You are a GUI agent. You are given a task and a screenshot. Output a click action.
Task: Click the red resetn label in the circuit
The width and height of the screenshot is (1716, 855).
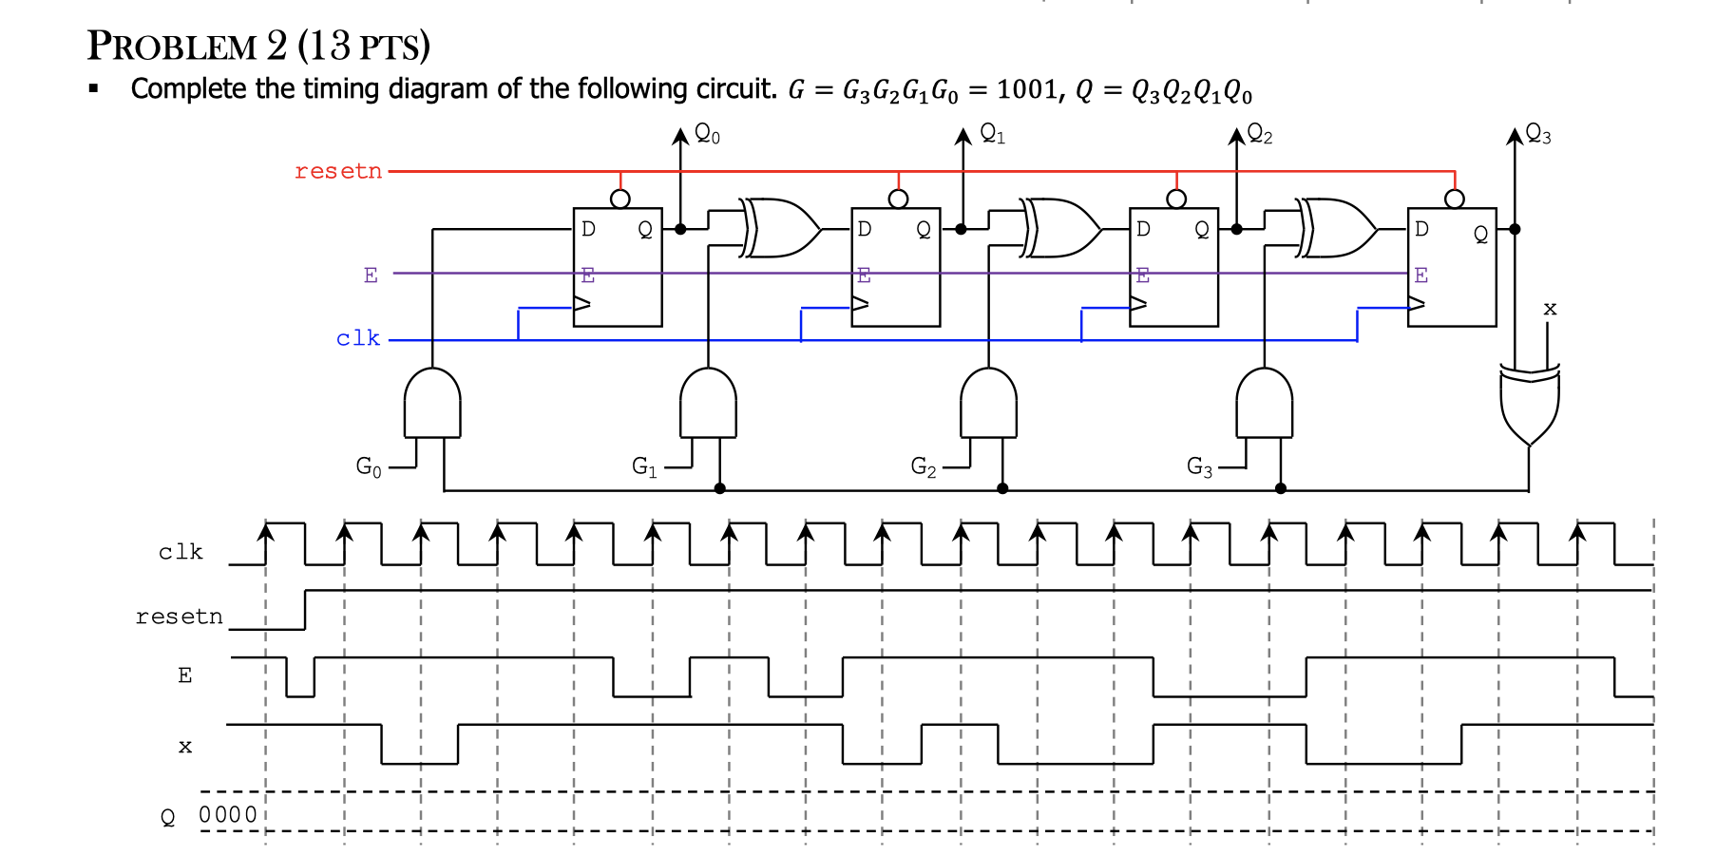[x=337, y=172]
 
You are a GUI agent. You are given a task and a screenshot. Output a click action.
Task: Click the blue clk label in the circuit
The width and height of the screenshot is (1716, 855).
[x=357, y=339]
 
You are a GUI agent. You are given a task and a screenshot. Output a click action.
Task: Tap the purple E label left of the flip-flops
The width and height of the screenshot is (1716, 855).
[x=371, y=275]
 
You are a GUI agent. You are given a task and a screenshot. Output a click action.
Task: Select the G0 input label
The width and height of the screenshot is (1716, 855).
[x=369, y=466]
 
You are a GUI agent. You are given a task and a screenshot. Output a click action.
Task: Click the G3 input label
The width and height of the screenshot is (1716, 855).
[x=1199, y=466]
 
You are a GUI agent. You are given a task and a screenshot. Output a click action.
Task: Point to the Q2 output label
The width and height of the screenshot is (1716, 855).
[x=1260, y=134]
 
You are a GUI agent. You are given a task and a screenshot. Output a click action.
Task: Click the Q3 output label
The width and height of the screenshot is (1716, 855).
[x=1538, y=134]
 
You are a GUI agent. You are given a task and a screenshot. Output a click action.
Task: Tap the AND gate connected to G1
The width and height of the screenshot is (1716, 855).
[x=708, y=404]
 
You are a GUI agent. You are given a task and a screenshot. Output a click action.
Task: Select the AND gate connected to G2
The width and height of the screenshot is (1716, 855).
[x=988, y=404]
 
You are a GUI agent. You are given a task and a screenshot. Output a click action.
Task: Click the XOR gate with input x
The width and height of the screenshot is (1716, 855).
[x=1529, y=404]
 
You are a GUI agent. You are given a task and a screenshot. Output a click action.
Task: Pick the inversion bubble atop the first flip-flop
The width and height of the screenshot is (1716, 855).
[x=620, y=199]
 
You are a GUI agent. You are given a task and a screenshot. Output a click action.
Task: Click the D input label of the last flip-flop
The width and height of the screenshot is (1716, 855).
[x=1421, y=229]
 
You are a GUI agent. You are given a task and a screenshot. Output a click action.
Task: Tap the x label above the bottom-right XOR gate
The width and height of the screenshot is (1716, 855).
[x=1550, y=309]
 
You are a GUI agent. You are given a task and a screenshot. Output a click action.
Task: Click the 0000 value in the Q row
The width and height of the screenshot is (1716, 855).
[x=227, y=815]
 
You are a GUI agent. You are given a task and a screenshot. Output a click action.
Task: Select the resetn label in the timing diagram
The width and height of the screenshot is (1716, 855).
[x=179, y=617]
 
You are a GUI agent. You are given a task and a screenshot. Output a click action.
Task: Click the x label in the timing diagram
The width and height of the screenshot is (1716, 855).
[x=185, y=747]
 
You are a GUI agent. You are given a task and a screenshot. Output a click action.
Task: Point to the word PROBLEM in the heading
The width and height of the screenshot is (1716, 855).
[x=172, y=47]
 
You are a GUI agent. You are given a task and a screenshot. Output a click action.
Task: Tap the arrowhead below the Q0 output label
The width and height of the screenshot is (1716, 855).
[x=680, y=135]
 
